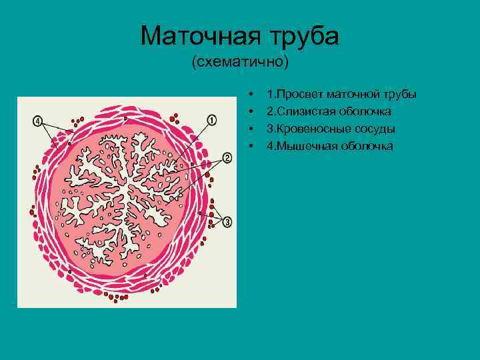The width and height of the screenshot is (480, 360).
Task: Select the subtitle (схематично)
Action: tap(240, 63)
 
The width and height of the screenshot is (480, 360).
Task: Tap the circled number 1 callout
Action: tap(212, 120)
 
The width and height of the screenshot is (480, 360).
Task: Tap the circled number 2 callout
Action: tap(227, 158)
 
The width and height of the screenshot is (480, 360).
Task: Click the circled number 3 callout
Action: tap(227, 221)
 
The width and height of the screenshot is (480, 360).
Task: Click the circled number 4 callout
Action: tap(39, 121)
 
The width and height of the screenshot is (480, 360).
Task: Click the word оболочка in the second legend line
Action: tap(367, 111)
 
